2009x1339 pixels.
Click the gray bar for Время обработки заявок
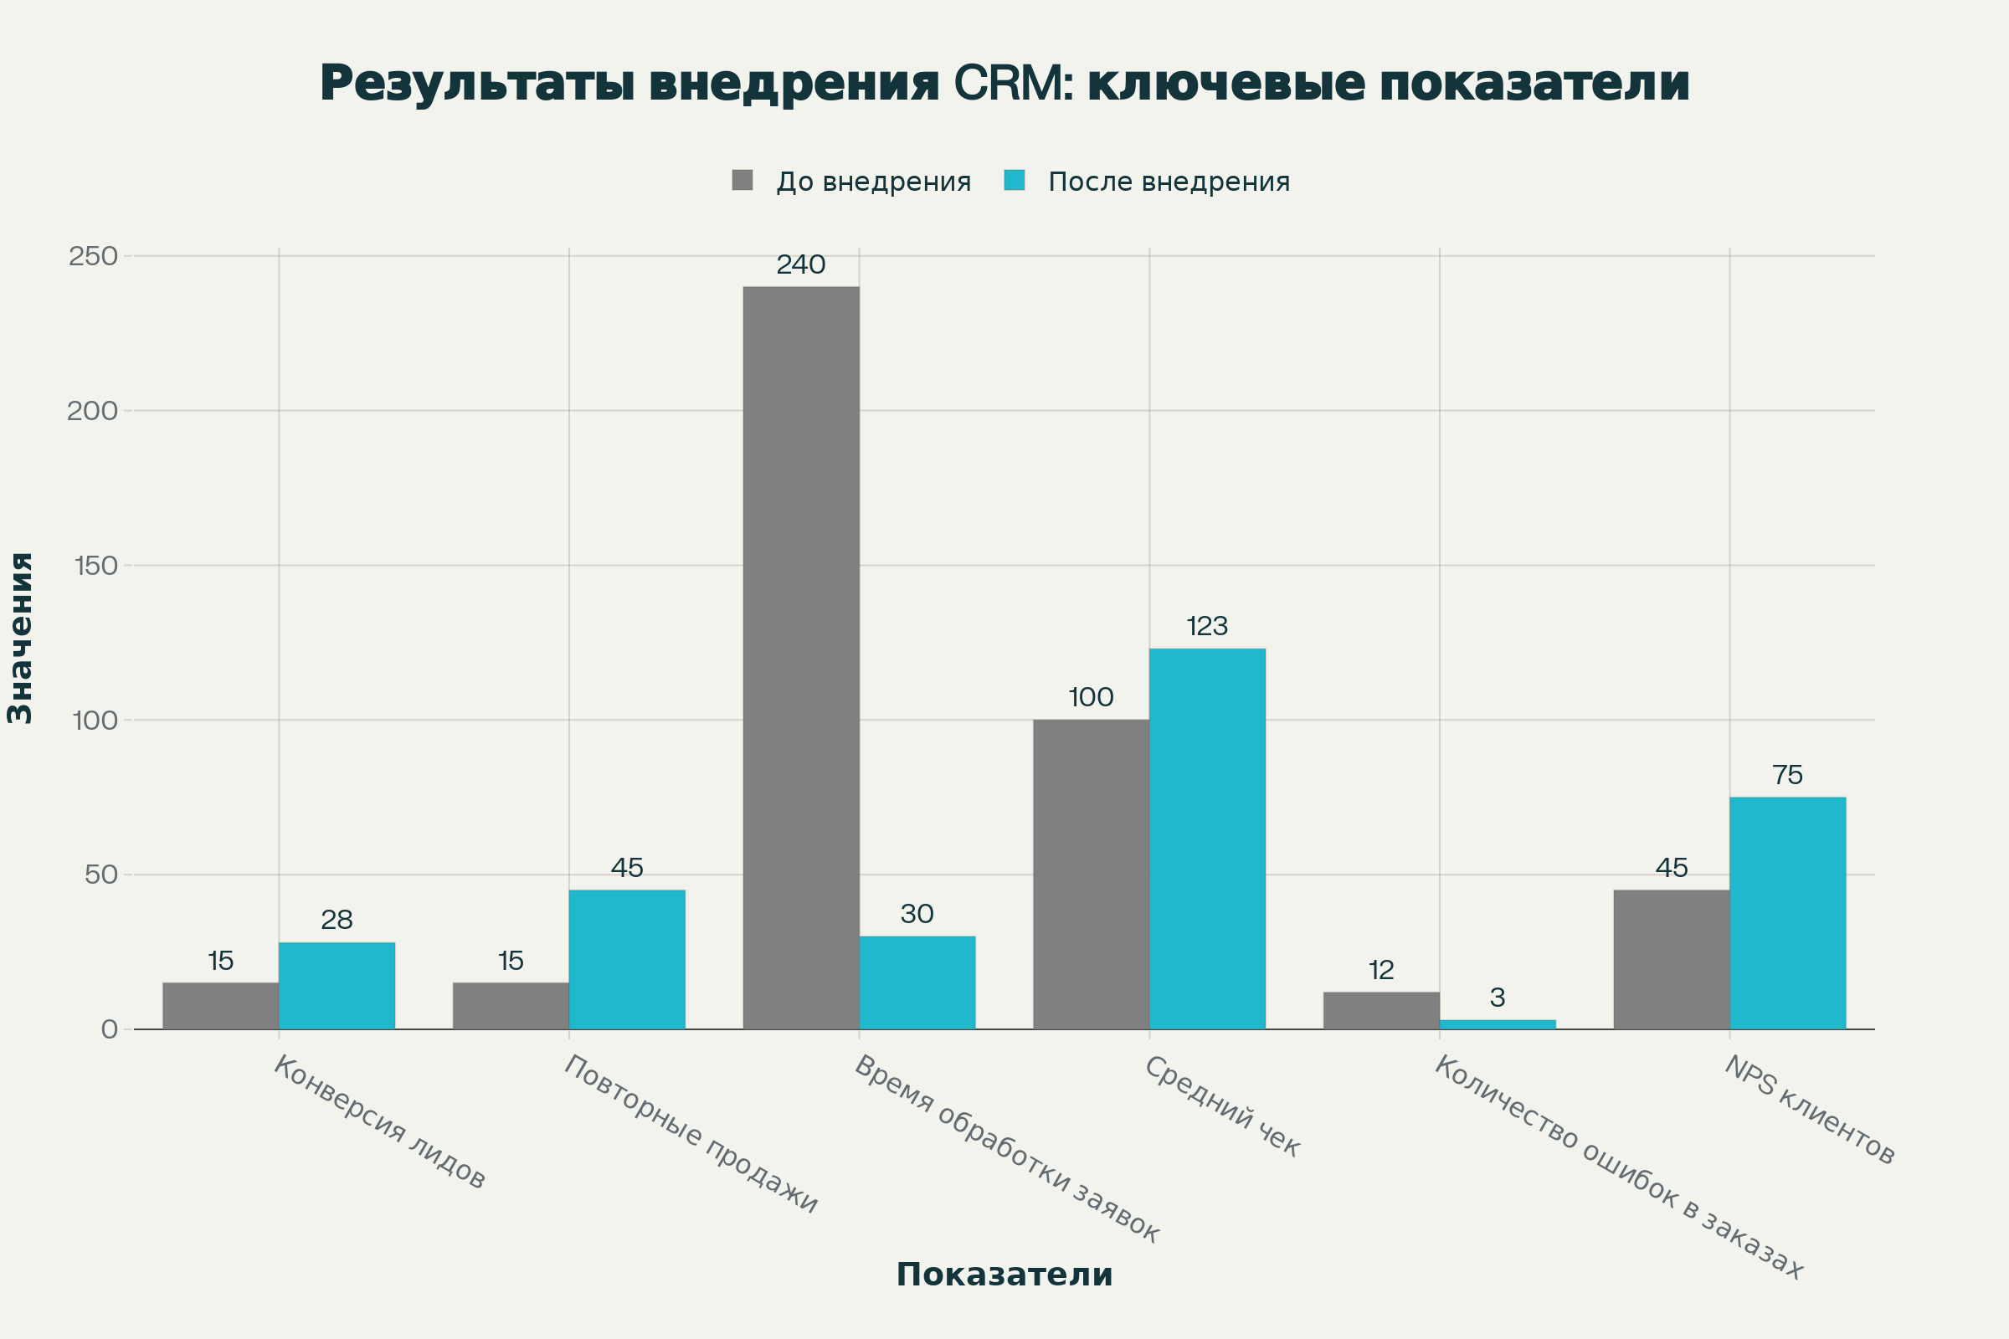pos(800,658)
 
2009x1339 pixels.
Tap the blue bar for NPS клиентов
pos(1787,913)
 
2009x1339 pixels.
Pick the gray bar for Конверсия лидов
pos(220,1006)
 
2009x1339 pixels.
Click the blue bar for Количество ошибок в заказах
pos(1498,1024)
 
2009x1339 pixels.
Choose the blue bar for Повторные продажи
pos(627,960)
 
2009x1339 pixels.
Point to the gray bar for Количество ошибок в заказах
pos(1381,1010)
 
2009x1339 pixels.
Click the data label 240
pos(800,264)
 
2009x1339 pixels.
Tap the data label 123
pos(1207,627)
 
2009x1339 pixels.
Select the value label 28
pos(337,920)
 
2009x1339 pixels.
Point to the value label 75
pos(1787,776)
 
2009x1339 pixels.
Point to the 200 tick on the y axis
pos(92,411)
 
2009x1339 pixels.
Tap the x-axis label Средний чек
pos(1221,1106)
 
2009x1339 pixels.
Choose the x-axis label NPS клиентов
pos(1809,1111)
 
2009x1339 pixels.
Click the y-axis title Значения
pos(19,638)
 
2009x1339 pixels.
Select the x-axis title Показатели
pos(1004,1275)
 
